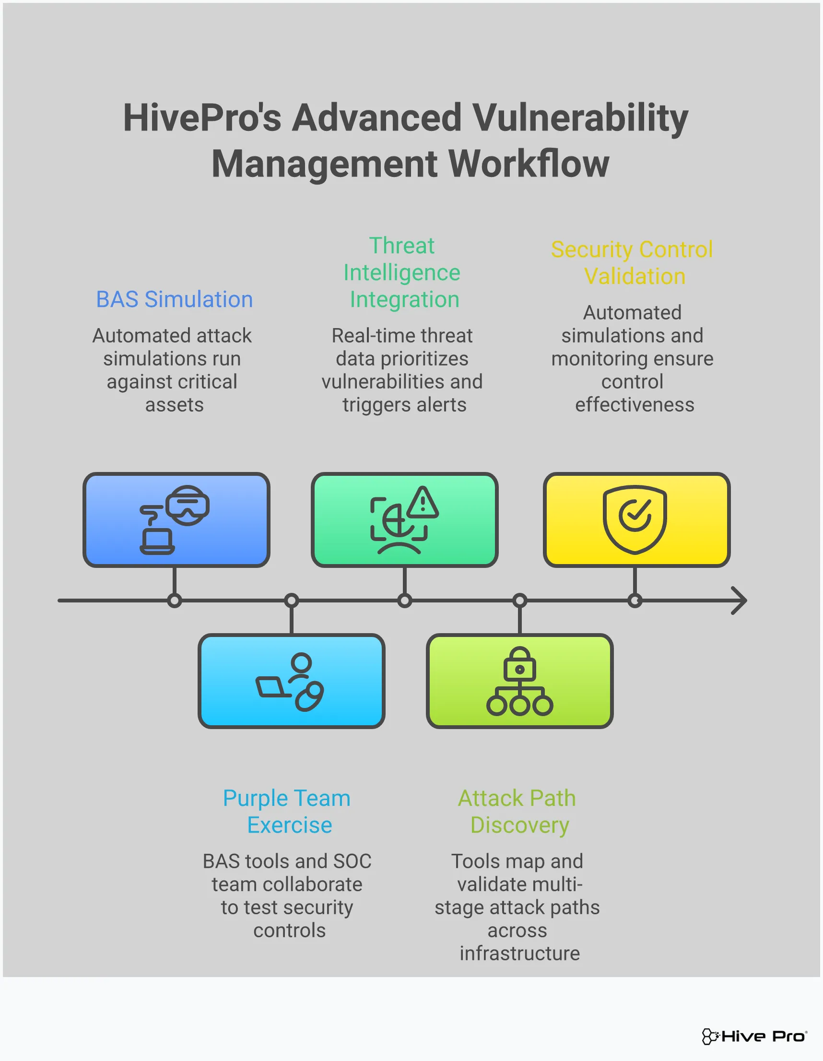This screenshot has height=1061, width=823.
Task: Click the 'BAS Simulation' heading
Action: click(175, 299)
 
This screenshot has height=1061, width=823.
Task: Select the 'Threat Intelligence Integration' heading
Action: click(402, 272)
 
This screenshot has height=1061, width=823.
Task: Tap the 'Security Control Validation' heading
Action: click(632, 263)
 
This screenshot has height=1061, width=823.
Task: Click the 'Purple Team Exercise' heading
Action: click(287, 811)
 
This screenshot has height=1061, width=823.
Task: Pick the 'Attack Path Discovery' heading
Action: click(517, 811)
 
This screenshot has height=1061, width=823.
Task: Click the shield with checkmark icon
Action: click(635, 519)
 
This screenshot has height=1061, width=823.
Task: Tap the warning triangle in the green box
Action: click(423, 502)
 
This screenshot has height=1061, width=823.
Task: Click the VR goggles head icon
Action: click(188, 505)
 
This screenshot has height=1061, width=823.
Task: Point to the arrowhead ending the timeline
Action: click(740, 601)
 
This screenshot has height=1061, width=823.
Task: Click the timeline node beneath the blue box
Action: click(175, 601)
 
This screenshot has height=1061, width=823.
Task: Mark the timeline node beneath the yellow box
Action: click(635, 601)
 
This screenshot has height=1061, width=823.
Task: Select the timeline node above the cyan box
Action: click(292, 601)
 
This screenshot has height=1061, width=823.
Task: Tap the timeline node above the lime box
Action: click(520, 601)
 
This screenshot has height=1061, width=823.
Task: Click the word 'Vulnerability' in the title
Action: click(580, 118)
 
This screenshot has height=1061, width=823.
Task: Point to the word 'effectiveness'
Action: click(635, 405)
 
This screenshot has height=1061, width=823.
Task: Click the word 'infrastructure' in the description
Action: click(520, 953)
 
